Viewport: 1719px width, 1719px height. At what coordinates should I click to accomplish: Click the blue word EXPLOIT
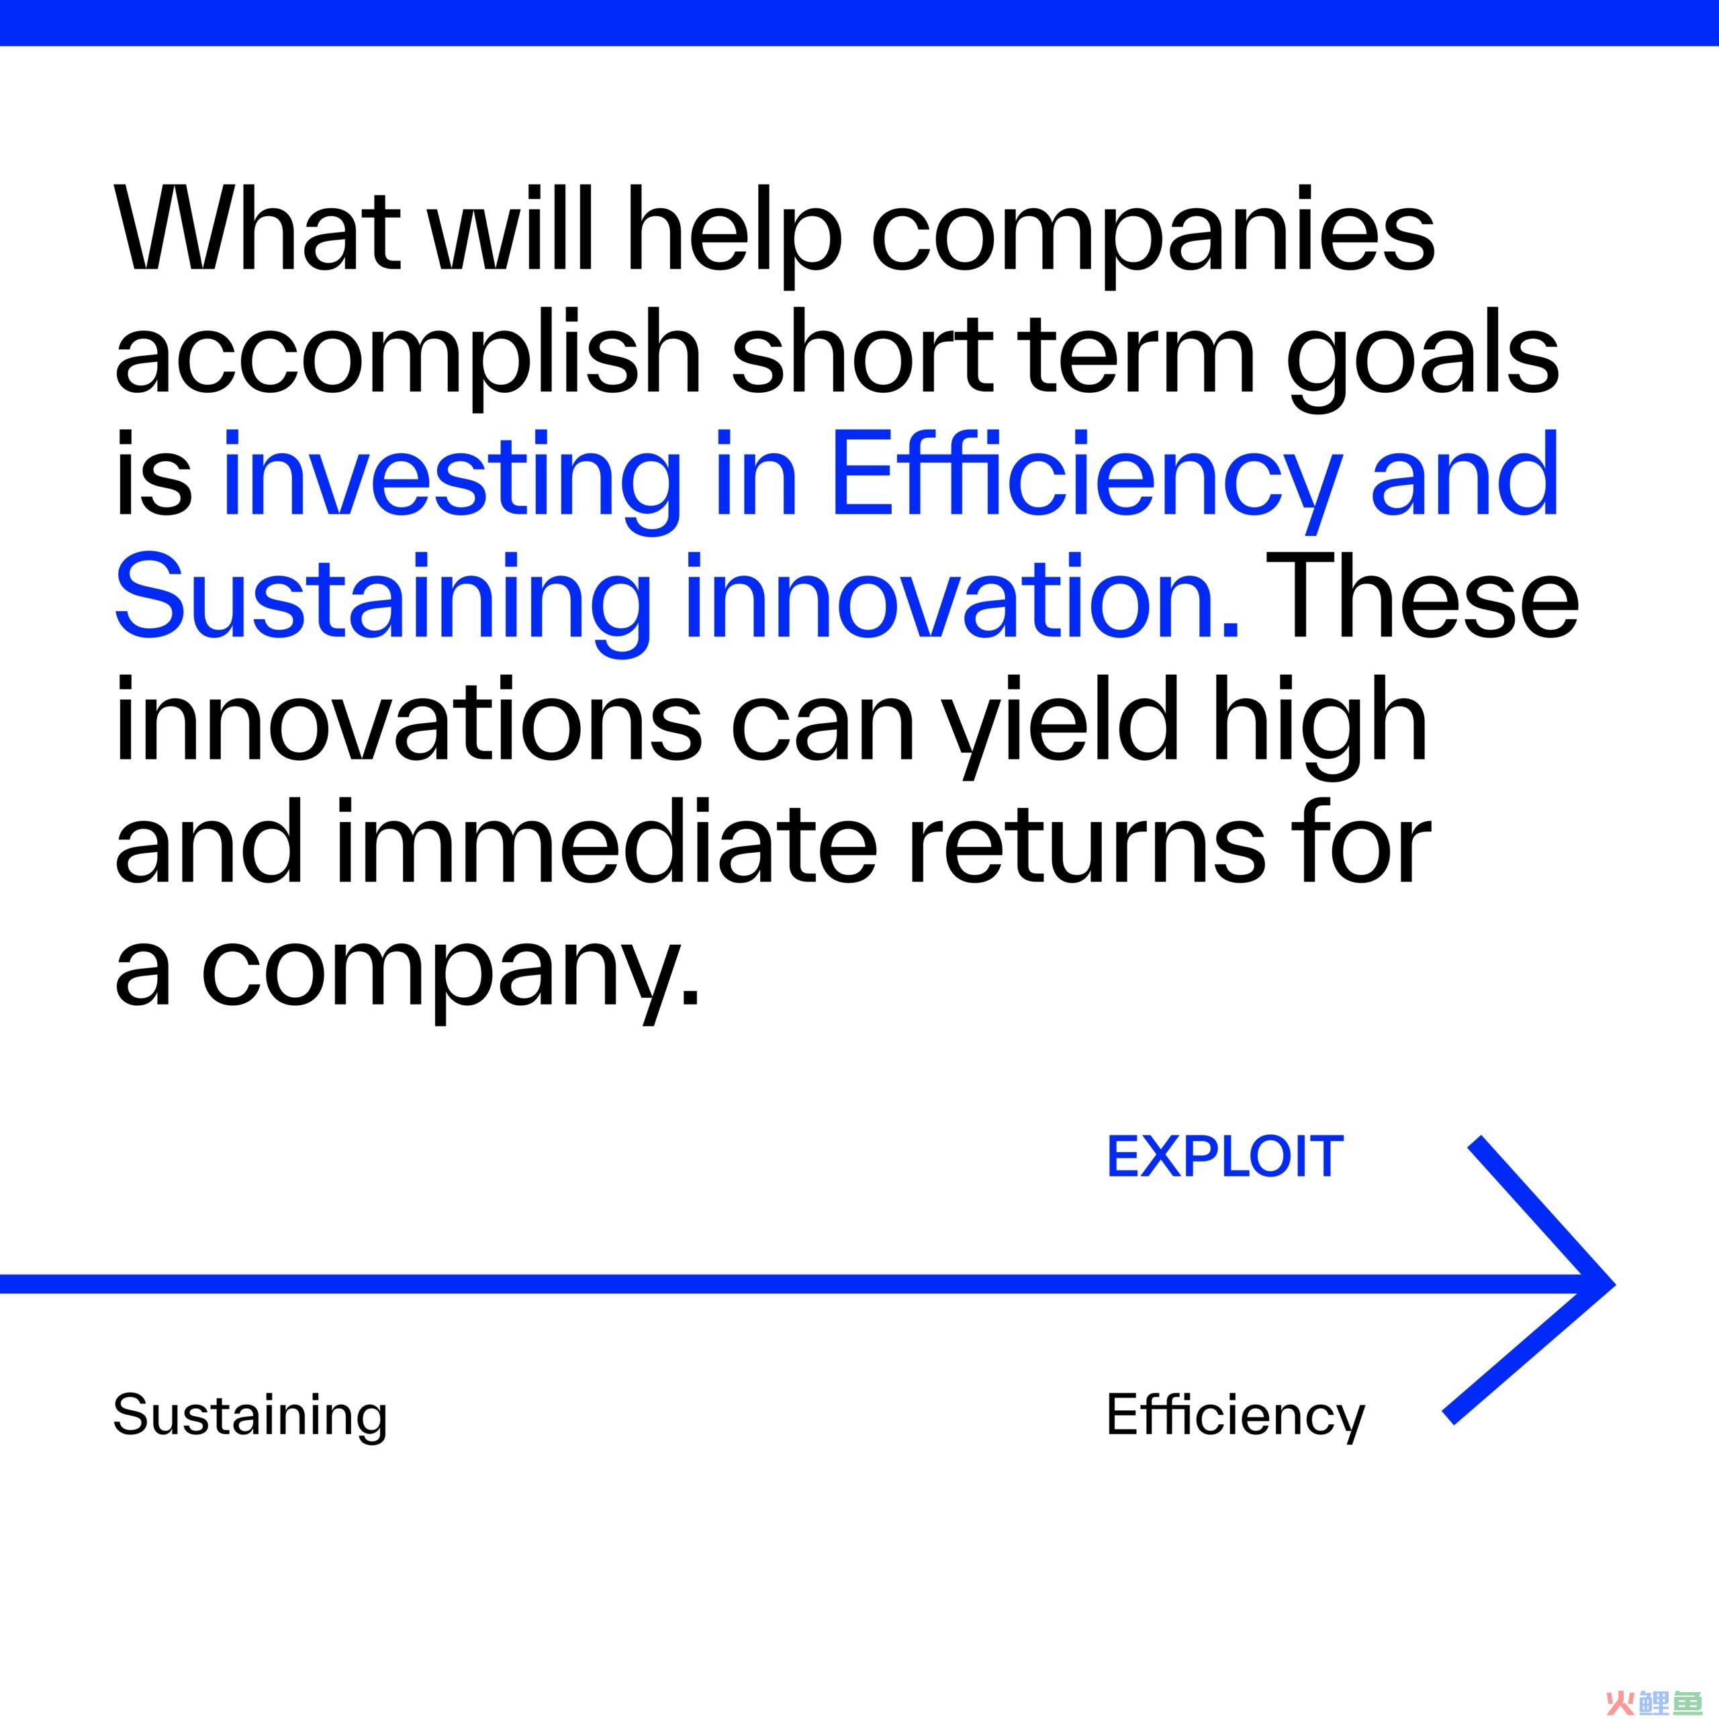pyautogui.click(x=1224, y=1158)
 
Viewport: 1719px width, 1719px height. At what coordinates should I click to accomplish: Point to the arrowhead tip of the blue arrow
pyautogui.click(x=1613, y=1284)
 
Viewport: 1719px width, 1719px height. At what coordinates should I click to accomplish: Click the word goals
pyautogui.click(x=1423, y=361)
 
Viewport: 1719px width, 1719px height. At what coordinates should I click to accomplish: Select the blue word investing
pyautogui.click(x=452, y=481)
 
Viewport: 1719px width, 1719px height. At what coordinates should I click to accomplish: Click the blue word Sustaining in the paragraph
pyautogui.click(x=383, y=604)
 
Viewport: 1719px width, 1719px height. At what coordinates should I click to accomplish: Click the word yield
pyautogui.click(x=1064, y=727)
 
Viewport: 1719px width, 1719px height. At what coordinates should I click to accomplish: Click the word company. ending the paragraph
pyautogui.click(x=450, y=974)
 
